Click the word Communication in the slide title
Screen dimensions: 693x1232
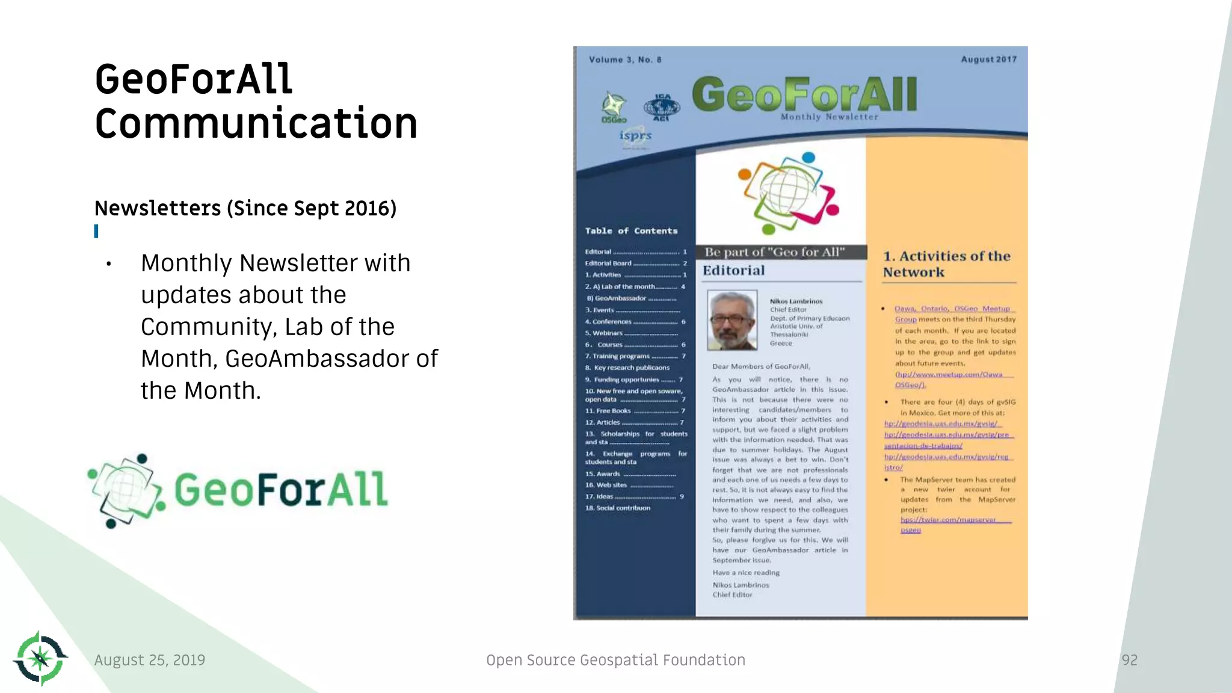[256, 124]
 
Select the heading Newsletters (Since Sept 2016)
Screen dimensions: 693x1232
[245, 208]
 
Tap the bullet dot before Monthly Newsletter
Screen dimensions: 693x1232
[109, 264]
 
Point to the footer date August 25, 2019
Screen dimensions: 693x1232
[150, 660]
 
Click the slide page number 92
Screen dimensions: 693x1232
[1129, 660]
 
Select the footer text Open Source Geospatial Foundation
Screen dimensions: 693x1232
[615, 660]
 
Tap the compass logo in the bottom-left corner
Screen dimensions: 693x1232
[40, 658]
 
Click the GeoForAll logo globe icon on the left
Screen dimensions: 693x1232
[125, 490]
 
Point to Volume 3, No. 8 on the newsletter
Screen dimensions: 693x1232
[625, 60]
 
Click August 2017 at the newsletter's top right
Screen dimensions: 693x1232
[988, 60]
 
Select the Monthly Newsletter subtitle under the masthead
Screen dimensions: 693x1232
[829, 117]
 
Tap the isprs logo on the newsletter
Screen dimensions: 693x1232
[635, 136]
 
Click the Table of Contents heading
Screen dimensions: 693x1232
[631, 231]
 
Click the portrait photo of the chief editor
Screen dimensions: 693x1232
[732, 321]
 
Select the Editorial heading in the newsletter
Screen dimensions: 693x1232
[734, 271]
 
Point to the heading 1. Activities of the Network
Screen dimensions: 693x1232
[946, 264]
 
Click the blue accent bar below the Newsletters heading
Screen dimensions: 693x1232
[96, 231]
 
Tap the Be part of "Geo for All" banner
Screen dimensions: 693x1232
[775, 252]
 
